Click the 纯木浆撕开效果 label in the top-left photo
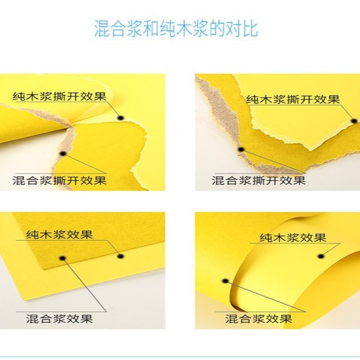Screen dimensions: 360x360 point(59,96)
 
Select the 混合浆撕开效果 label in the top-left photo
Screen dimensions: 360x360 point(59,181)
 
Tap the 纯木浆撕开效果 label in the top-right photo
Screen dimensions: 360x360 point(293,100)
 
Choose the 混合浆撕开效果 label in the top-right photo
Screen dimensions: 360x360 point(258,181)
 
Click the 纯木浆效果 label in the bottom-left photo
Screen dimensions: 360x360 point(59,234)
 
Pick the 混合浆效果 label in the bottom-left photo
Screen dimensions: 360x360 point(59,319)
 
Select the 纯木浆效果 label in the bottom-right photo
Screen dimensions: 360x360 point(293,237)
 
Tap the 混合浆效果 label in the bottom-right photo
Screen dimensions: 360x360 point(258,319)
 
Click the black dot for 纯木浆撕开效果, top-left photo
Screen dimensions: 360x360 point(120,118)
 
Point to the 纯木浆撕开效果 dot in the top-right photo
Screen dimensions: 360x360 point(353,121)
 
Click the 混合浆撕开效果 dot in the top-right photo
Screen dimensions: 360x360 point(241,149)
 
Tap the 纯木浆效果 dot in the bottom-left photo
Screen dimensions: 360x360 point(120,256)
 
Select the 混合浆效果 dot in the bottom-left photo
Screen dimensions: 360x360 point(63,258)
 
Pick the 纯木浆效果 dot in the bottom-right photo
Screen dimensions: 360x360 point(320,256)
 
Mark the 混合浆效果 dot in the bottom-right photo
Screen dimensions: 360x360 point(225,281)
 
